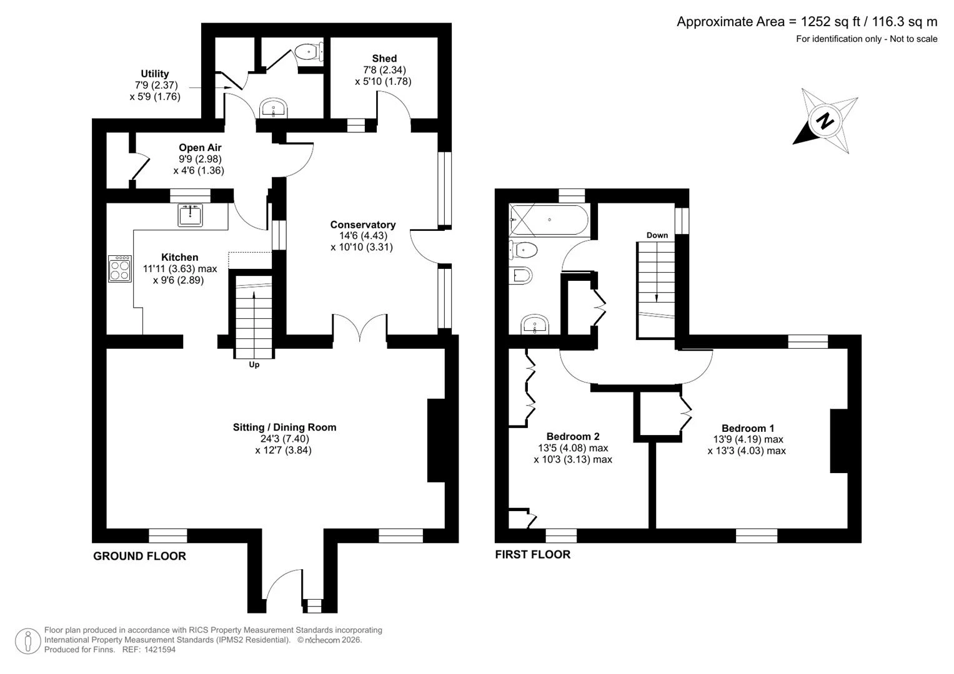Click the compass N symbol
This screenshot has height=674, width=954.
coord(825,122)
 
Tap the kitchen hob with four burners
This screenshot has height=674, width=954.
coord(120,269)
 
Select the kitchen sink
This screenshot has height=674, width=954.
coord(190,215)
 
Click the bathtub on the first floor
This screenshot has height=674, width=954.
coord(549,220)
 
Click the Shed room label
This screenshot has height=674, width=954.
coord(384,58)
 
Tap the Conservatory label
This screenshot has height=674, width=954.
coord(363,225)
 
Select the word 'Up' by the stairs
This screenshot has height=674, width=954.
coord(254,364)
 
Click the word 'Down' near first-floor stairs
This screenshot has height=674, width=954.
coord(657,235)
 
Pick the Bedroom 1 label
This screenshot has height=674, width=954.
coord(748,428)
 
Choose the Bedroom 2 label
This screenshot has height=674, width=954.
coord(573,436)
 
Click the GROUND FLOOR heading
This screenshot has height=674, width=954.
coord(140,556)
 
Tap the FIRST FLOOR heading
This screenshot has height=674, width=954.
coord(533,554)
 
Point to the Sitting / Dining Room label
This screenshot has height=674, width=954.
coord(284,427)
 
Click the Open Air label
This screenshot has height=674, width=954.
coord(200,148)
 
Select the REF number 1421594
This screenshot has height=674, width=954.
coord(160,650)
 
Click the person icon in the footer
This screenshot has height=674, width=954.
coord(28,641)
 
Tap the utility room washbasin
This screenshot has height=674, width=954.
coord(274,108)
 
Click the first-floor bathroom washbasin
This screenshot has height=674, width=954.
coord(535,325)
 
